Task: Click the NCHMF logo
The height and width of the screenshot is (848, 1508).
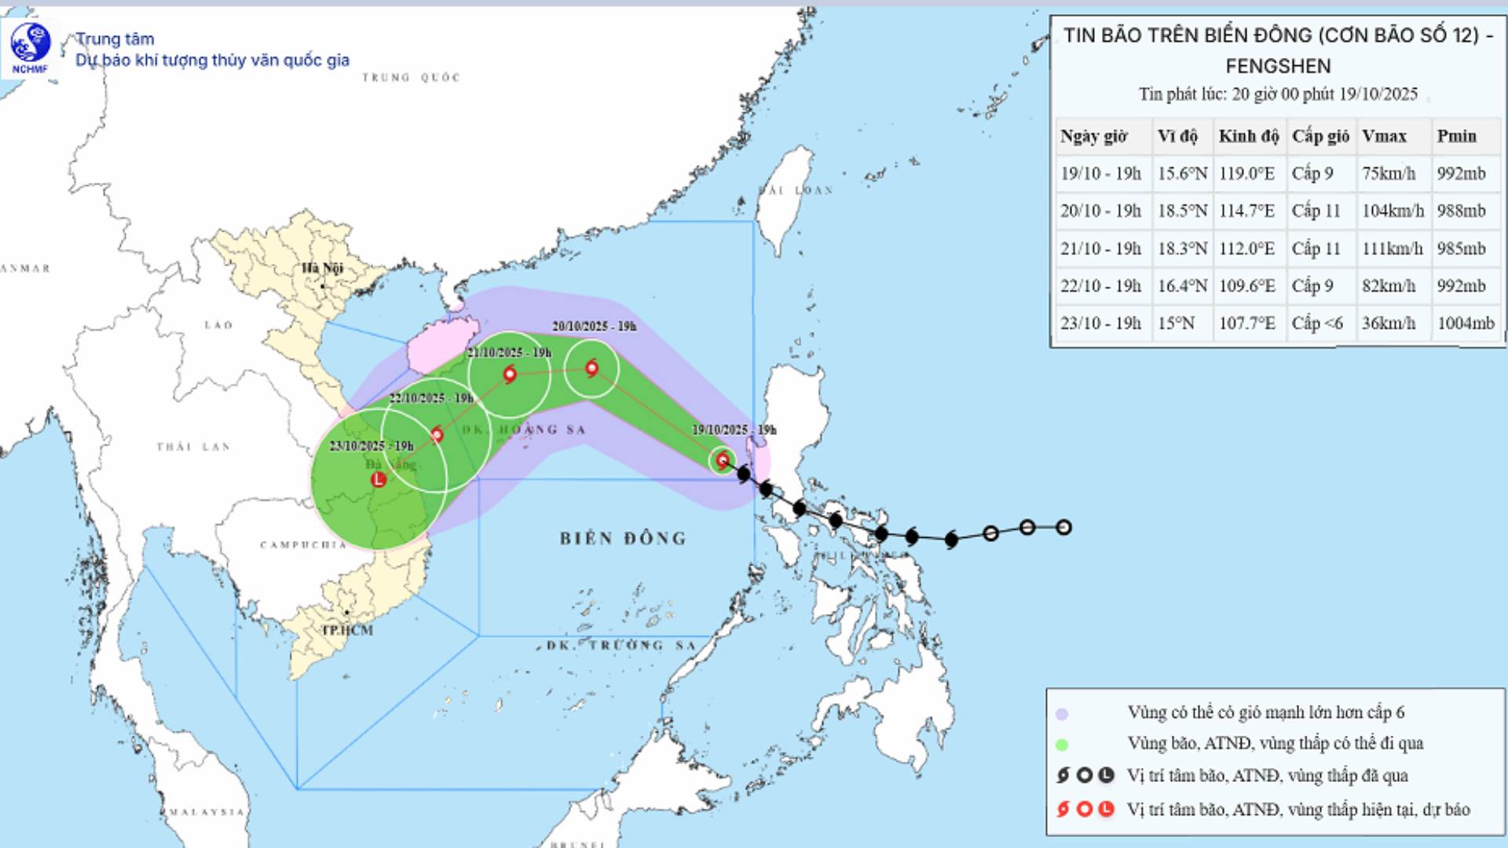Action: pyautogui.click(x=31, y=48)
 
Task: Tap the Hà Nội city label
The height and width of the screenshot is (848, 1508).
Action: pyautogui.click(x=323, y=269)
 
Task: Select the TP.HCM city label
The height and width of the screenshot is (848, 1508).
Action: pyautogui.click(x=348, y=630)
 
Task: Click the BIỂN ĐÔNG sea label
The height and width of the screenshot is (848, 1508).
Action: pyautogui.click(x=623, y=539)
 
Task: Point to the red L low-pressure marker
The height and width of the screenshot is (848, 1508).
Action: pyautogui.click(x=379, y=479)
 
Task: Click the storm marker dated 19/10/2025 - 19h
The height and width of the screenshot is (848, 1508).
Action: pyautogui.click(x=723, y=460)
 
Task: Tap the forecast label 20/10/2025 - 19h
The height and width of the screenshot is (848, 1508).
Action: pyautogui.click(x=594, y=327)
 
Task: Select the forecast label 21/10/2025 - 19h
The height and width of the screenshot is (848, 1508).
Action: pyautogui.click(x=509, y=353)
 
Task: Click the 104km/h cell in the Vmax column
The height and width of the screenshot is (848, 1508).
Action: pyautogui.click(x=1393, y=210)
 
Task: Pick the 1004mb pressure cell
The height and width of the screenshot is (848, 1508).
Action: pyautogui.click(x=1466, y=323)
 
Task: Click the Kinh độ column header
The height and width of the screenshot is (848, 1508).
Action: pyautogui.click(x=1248, y=136)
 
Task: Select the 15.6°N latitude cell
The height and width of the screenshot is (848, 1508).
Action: pyautogui.click(x=1182, y=173)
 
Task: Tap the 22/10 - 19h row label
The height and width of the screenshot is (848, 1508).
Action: pyautogui.click(x=1100, y=286)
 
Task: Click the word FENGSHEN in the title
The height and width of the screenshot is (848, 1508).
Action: pyautogui.click(x=1278, y=66)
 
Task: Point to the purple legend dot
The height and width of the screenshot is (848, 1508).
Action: pyautogui.click(x=1062, y=714)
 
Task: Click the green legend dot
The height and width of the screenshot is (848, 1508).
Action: pyautogui.click(x=1062, y=744)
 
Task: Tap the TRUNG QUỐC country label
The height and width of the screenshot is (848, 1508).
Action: pyautogui.click(x=411, y=77)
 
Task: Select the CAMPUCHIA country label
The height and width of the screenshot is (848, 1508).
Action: pyautogui.click(x=303, y=545)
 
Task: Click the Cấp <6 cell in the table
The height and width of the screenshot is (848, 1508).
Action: pyautogui.click(x=1317, y=323)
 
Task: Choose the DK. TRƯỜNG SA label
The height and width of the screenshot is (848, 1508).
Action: pyautogui.click(x=621, y=645)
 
